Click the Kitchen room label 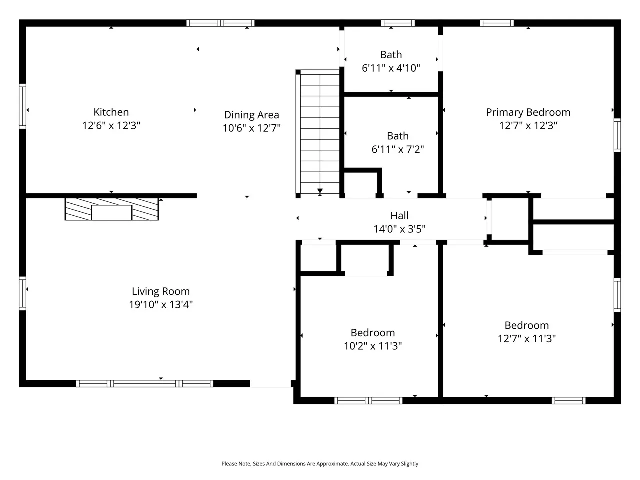coord(111,112)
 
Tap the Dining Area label coord(251,115)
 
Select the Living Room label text coord(161,291)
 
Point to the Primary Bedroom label coord(528,112)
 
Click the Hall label coord(399,215)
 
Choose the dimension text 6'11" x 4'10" coord(391,68)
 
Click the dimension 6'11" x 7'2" coord(397,149)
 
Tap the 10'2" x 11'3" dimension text coord(373,346)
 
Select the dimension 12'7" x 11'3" coord(527,338)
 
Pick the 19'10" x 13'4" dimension coord(161,304)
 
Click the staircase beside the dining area coord(318,132)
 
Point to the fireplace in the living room coord(111,209)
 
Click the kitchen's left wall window coord(22,106)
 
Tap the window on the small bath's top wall coord(397,23)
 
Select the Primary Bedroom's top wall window coord(497,23)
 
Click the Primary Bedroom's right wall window coord(617,135)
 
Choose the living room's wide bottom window coord(145,384)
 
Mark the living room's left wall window coord(22,293)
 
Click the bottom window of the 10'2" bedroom coord(368,400)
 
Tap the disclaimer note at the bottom coord(320,463)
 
